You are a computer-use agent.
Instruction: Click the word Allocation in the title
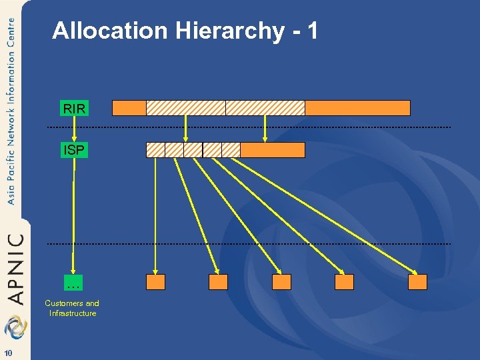[x=110, y=31]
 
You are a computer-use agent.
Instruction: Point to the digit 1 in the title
[x=311, y=31]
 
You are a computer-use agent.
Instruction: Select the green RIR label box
[x=74, y=108]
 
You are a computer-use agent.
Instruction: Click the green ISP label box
[x=74, y=150]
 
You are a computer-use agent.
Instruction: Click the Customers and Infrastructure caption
[x=73, y=308]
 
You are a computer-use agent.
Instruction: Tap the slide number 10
[x=8, y=353]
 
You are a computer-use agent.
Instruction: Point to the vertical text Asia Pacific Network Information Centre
[x=11, y=110]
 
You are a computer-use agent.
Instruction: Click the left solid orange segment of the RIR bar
[x=129, y=108]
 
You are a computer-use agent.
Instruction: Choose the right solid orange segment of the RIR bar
[x=357, y=108]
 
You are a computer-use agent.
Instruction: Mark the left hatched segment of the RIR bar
[x=185, y=108]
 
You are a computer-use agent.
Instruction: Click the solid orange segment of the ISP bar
[x=272, y=150]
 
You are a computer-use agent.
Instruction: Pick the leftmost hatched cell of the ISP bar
[x=155, y=150]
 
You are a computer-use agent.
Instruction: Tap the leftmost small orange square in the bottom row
[x=155, y=282]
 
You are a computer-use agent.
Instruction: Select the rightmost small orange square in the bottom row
[x=417, y=282]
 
